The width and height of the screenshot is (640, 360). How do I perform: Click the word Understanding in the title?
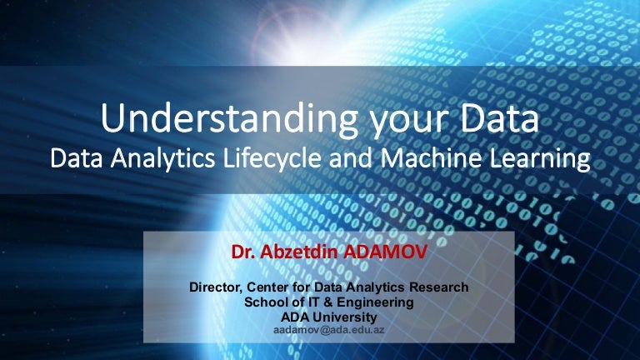point(229,119)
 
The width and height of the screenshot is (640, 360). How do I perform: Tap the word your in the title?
point(409,122)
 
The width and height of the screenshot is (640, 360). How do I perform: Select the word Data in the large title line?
point(500,118)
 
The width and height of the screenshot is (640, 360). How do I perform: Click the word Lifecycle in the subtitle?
point(272,158)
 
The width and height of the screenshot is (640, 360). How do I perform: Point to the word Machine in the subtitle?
point(430,158)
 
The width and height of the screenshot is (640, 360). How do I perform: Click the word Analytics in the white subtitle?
point(162,159)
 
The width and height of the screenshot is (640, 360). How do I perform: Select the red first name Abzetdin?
point(301,252)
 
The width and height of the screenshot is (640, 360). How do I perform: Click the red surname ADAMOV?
point(386,252)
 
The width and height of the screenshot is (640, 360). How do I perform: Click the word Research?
point(439,287)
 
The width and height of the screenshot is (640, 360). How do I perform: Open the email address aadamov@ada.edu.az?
point(329,330)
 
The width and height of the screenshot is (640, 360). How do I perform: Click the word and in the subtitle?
point(351,158)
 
